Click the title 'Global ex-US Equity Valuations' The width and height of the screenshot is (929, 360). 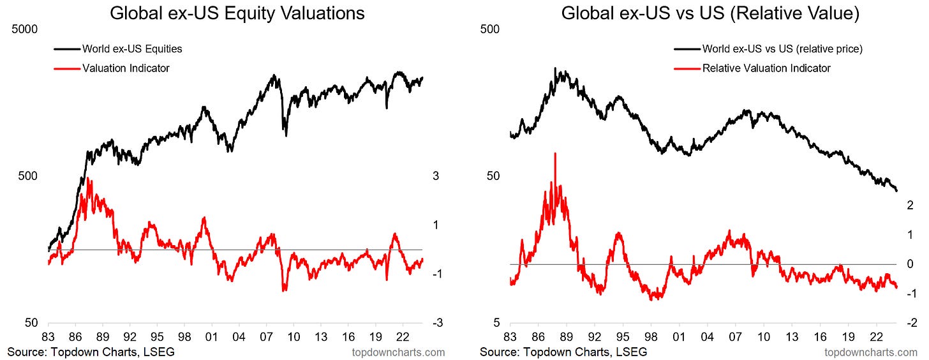coord(237,13)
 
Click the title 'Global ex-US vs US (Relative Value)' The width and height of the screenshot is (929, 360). coord(710,13)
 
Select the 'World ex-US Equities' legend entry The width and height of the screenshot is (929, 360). coord(132,49)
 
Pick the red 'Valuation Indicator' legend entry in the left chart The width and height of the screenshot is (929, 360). coord(126,68)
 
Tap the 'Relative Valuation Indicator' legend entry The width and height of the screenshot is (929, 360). coord(766,68)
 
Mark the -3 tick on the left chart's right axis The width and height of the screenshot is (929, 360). coord(437,324)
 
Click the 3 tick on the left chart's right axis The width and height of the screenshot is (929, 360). coord(436,176)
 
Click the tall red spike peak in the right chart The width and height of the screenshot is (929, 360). coord(555,154)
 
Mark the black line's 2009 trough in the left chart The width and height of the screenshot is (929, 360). coord(286,135)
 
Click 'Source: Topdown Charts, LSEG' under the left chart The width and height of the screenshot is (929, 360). coord(91,352)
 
